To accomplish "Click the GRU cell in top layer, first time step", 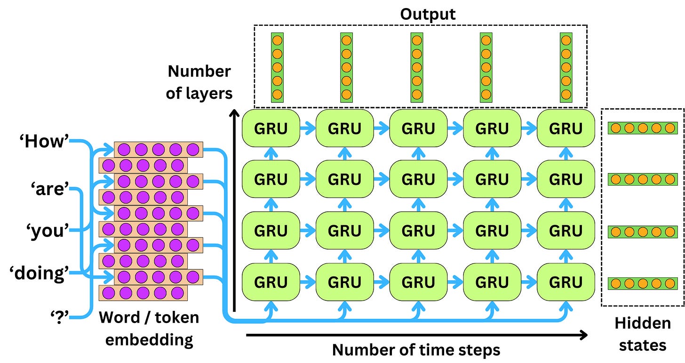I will coord(270,128).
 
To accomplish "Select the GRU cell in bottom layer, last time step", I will coord(566,282).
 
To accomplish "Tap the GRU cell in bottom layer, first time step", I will coord(270,282).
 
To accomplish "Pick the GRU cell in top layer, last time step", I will coord(566,128).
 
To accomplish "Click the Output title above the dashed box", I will coord(428,14).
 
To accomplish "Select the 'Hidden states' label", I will coord(642,334).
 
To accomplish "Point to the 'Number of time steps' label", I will coord(416,350).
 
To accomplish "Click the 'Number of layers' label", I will coord(199,82).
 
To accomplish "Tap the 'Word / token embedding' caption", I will coord(149,328).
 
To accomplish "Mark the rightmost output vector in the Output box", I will coord(566,67).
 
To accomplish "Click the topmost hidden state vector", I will coord(642,128).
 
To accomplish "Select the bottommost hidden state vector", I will coord(642,283).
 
